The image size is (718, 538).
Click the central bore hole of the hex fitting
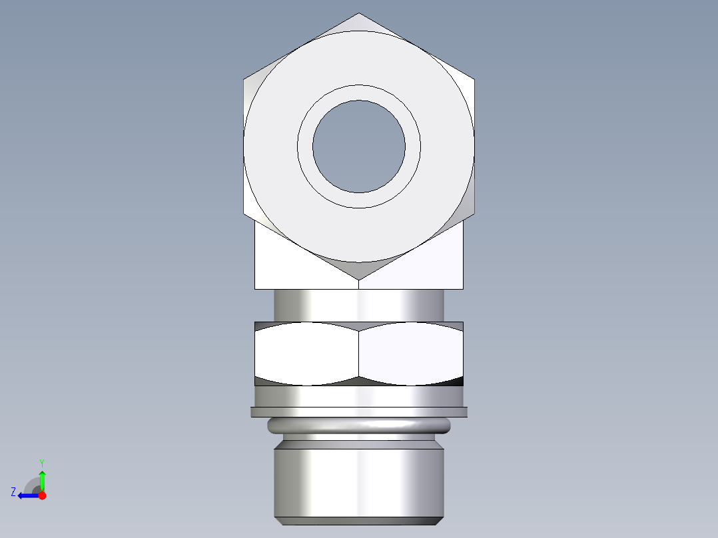pos(359,146)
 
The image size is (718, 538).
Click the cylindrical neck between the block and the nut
pos(359,306)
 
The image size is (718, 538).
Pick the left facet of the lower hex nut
pos(306,353)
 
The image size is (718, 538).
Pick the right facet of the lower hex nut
pos(411,353)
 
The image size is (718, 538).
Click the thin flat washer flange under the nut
pos(359,412)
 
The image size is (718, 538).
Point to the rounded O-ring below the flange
pos(359,425)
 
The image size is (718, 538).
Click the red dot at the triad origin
pos(42,495)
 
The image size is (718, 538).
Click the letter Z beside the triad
pos(13,492)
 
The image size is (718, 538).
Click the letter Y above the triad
pos(41,462)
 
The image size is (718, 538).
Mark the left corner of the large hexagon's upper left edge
pos(244,80)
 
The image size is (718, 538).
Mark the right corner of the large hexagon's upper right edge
pos(474,80)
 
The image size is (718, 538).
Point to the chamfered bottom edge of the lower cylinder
pos(359,521)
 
